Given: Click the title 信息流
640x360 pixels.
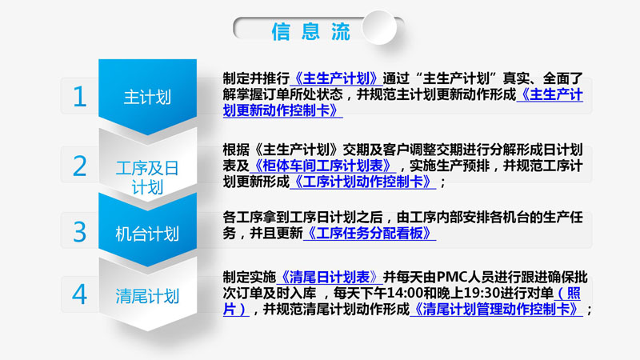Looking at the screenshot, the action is point(311,31).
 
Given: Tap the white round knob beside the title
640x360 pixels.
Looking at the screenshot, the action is point(379,27).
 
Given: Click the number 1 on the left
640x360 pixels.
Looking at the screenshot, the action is point(79,97).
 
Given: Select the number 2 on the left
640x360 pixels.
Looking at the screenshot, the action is point(80,166).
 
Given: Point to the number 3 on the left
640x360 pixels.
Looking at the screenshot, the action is point(80,232).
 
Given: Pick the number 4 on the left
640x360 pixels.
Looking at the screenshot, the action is point(79,294).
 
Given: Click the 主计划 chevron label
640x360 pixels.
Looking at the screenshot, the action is point(147,98).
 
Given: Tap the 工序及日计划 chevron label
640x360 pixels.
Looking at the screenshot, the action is point(147,178).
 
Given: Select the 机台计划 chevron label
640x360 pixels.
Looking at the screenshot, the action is point(147,234).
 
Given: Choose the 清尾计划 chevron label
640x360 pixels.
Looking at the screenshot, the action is point(147,296).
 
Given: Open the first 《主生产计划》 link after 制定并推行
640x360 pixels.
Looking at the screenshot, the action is point(336,78).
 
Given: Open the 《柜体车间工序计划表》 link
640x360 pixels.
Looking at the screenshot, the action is point(322,166).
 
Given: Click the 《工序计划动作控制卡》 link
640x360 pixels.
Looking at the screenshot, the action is point(362,182).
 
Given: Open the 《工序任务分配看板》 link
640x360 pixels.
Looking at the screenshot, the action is point(370,233).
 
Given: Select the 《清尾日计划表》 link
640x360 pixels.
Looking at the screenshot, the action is point(330,277).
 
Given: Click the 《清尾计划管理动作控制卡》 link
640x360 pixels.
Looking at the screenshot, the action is point(496,309).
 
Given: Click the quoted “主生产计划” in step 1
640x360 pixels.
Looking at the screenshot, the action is point(457,78).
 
